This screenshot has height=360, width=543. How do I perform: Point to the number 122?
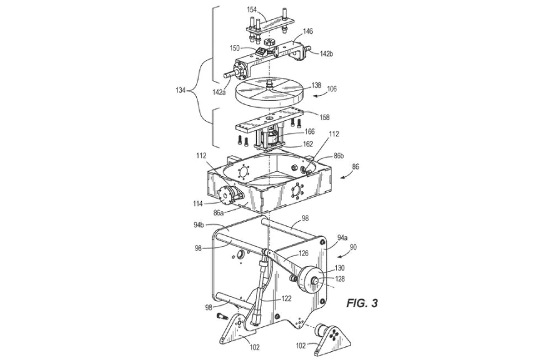(x=286, y=299)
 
